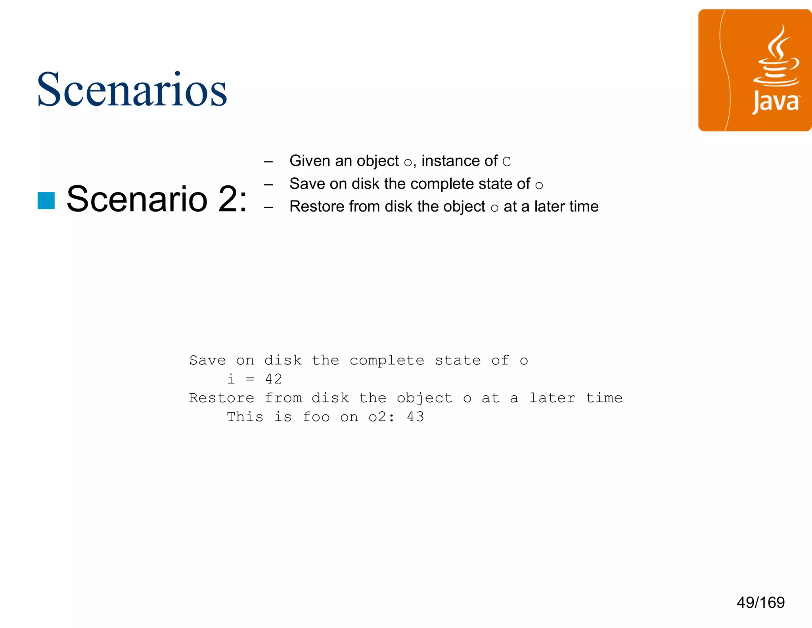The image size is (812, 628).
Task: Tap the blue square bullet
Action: tap(46, 200)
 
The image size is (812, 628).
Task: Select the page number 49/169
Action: tap(760, 602)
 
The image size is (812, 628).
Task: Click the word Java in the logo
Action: tap(776, 102)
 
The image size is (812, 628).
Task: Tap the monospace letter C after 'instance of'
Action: tap(506, 162)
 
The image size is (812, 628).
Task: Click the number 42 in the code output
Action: tap(274, 379)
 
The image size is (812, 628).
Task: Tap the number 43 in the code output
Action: tap(415, 417)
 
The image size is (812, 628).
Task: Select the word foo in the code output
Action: tap(316, 417)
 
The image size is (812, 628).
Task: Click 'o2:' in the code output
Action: tap(381, 417)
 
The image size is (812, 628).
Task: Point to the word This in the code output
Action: tap(245, 417)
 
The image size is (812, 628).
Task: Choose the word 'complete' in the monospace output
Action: tap(387, 360)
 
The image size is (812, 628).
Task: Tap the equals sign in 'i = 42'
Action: tap(250, 379)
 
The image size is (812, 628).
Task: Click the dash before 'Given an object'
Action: tap(268, 162)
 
